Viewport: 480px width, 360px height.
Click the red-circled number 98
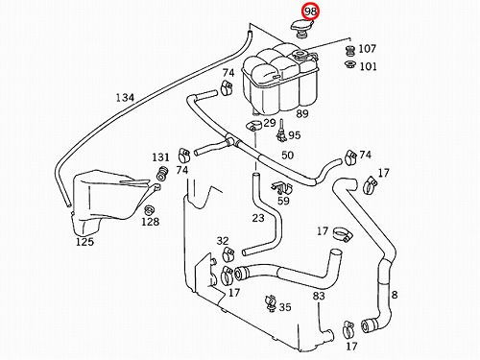coord(310,12)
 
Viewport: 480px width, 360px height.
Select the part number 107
coord(367,49)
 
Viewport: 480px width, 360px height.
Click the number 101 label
coord(369,66)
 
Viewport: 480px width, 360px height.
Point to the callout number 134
coord(125,97)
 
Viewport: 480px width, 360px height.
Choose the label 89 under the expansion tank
coord(302,113)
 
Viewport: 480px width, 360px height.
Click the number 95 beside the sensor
coord(295,135)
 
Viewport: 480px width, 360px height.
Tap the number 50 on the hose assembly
coord(287,156)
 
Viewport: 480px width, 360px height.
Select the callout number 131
coord(160,157)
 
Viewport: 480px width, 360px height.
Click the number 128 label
coord(151,222)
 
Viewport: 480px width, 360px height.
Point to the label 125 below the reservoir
coord(84,242)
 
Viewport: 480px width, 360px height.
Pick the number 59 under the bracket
coord(283,201)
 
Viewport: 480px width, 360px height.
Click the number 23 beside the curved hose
coord(258,218)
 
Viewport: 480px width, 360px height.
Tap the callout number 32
coord(223,241)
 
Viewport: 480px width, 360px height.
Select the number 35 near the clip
coord(285,307)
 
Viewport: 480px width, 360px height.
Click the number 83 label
coord(319,296)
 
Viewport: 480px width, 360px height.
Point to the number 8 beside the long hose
coord(395,295)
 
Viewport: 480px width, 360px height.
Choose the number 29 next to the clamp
coord(270,123)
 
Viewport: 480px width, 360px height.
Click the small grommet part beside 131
coord(162,174)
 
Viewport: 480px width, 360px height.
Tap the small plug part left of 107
coord(350,51)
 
